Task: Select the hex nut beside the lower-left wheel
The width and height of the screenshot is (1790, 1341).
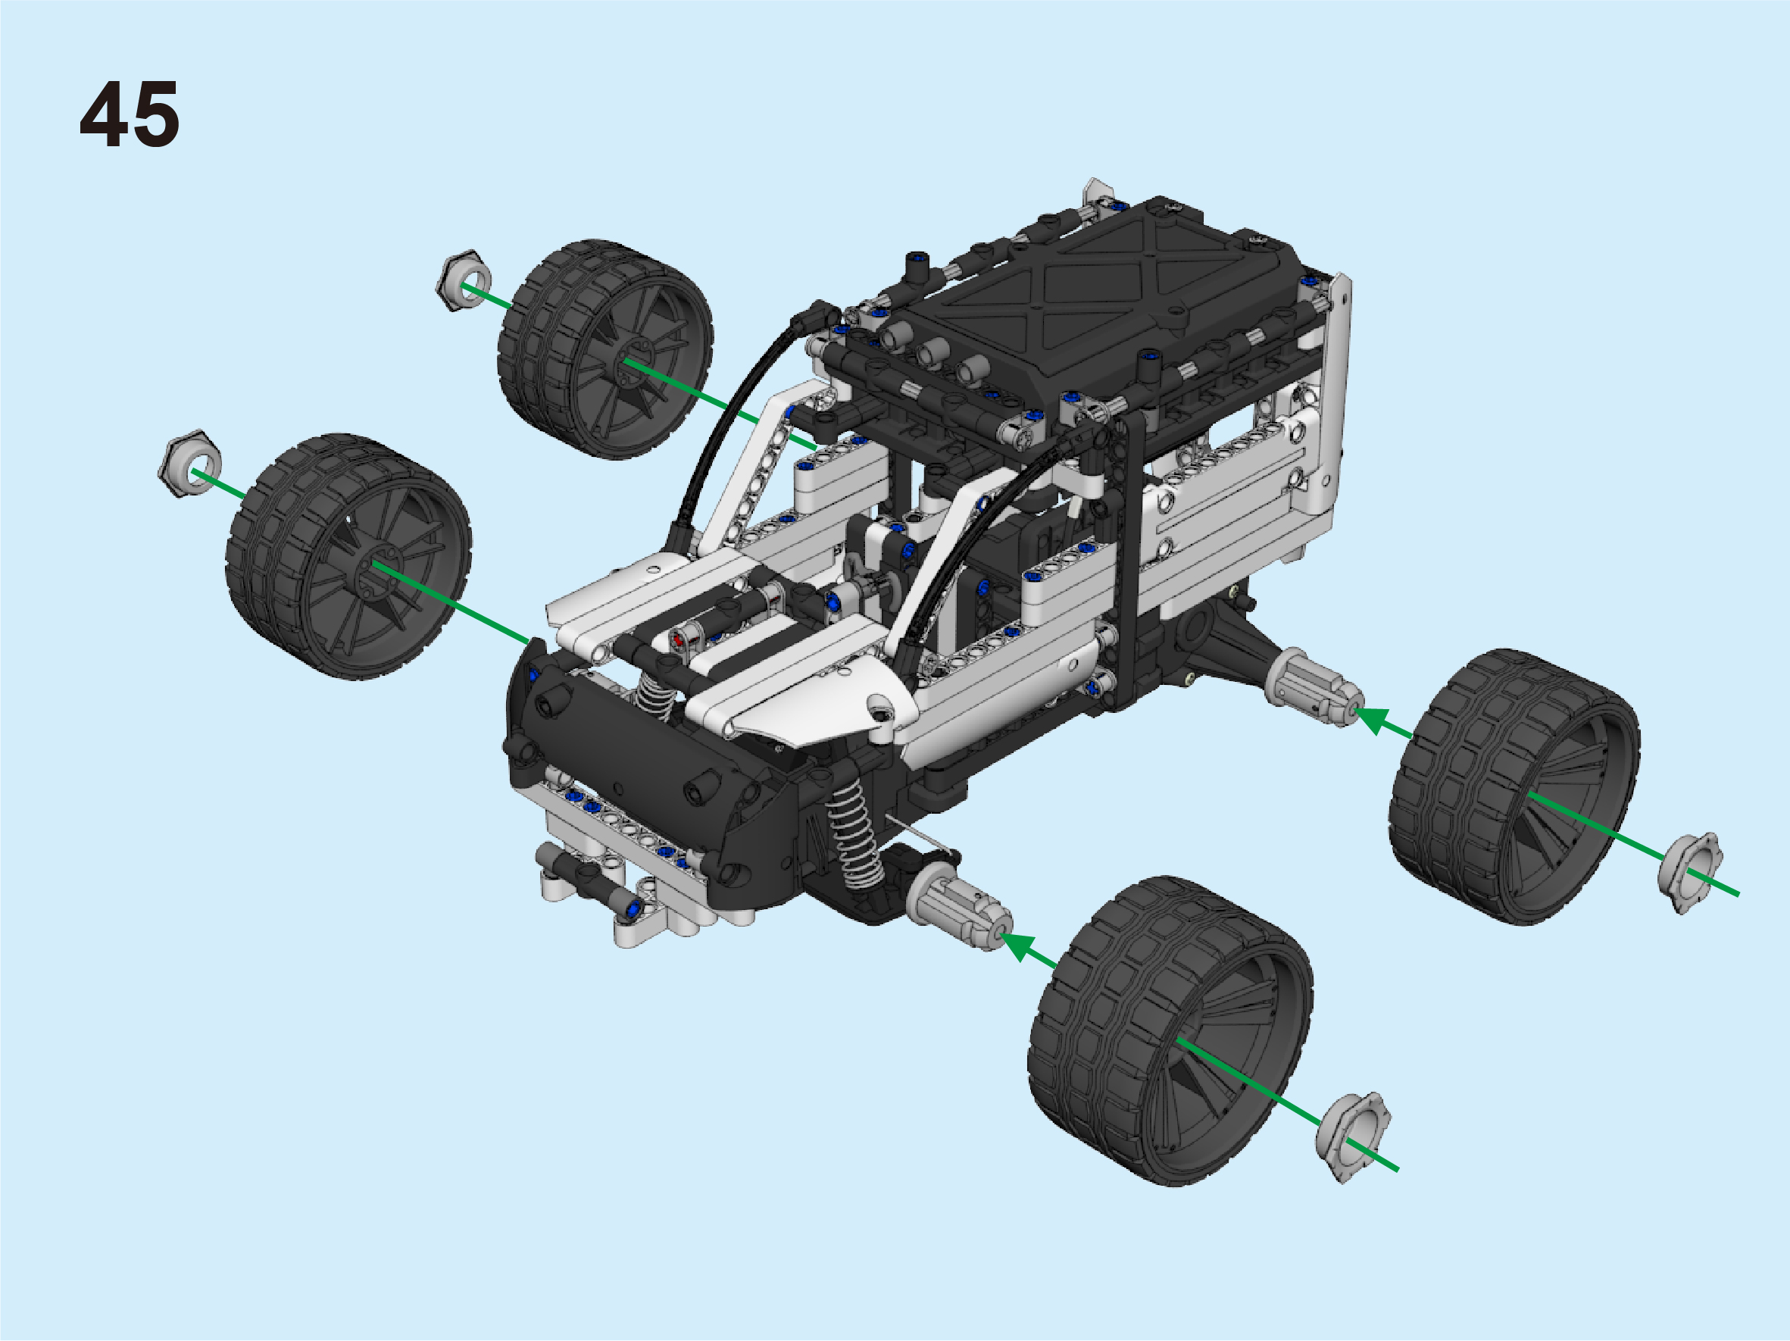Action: [x=190, y=464]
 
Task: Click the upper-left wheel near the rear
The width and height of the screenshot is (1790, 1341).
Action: [x=605, y=349]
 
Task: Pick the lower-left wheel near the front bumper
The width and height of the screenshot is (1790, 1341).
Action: [x=348, y=557]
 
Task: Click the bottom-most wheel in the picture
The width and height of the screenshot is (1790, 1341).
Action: [x=1170, y=1031]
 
